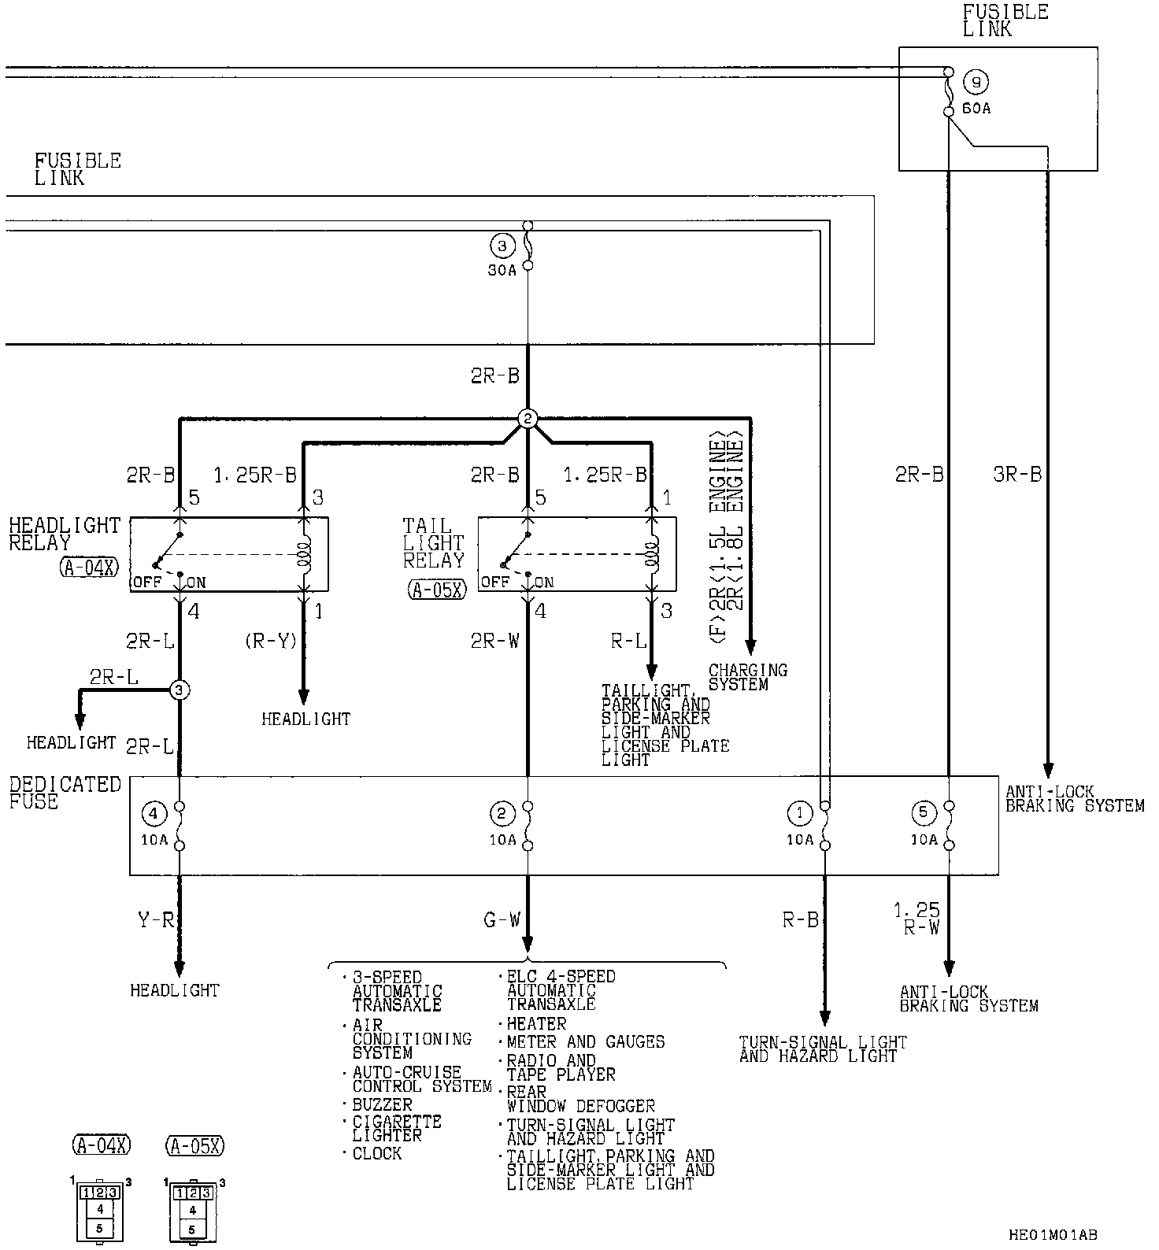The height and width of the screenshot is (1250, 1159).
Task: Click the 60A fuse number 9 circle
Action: coord(976,82)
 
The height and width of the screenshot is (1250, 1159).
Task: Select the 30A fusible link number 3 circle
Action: coord(502,246)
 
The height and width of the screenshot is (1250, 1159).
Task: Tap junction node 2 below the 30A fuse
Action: coord(528,419)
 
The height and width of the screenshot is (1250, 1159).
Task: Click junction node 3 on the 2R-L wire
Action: coord(180,690)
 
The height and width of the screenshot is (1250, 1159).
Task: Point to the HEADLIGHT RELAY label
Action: coord(65,534)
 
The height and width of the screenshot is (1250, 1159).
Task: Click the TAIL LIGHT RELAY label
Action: coord(433,543)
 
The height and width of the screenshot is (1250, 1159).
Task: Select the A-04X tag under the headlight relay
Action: coord(87,568)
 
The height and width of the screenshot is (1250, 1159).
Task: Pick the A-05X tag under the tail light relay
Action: coord(437,589)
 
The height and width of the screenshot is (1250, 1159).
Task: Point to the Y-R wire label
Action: coord(155,919)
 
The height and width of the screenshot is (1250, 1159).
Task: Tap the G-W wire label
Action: coord(502,919)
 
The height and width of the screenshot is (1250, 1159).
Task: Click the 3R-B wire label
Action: coord(1017,475)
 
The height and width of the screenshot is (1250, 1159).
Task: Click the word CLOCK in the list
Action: coord(377,1154)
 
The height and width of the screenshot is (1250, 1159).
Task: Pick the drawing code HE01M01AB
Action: coord(1053,1235)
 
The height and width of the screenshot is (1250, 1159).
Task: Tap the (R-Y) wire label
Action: coord(270,642)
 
